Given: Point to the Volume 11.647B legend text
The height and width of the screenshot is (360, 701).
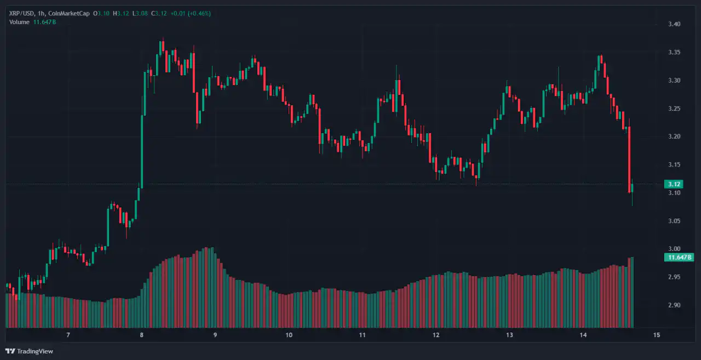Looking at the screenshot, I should pyautogui.click(x=32, y=22).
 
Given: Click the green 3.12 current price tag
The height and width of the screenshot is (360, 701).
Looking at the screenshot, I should pyautogui.click(x=673, y=184).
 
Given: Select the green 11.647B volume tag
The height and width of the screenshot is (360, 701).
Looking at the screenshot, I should pyautogui.click(x=678, y=258).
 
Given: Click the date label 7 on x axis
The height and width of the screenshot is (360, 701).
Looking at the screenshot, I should pyautogui.click(x=68, y=335).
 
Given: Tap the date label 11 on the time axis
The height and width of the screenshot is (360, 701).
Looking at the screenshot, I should pyautogui.click(x=362, y=335).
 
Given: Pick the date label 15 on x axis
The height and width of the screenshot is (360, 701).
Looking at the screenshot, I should pyautogui.click(x=656, y=335).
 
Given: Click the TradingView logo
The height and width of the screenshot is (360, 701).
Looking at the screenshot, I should pyautogui.click(x=30, y=351).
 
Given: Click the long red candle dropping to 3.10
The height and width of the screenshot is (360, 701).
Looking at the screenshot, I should pyautogui.click(x=629, y=159).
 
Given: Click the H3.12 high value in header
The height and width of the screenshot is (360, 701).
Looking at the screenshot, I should pyautogui.click(x=120, y=13).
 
